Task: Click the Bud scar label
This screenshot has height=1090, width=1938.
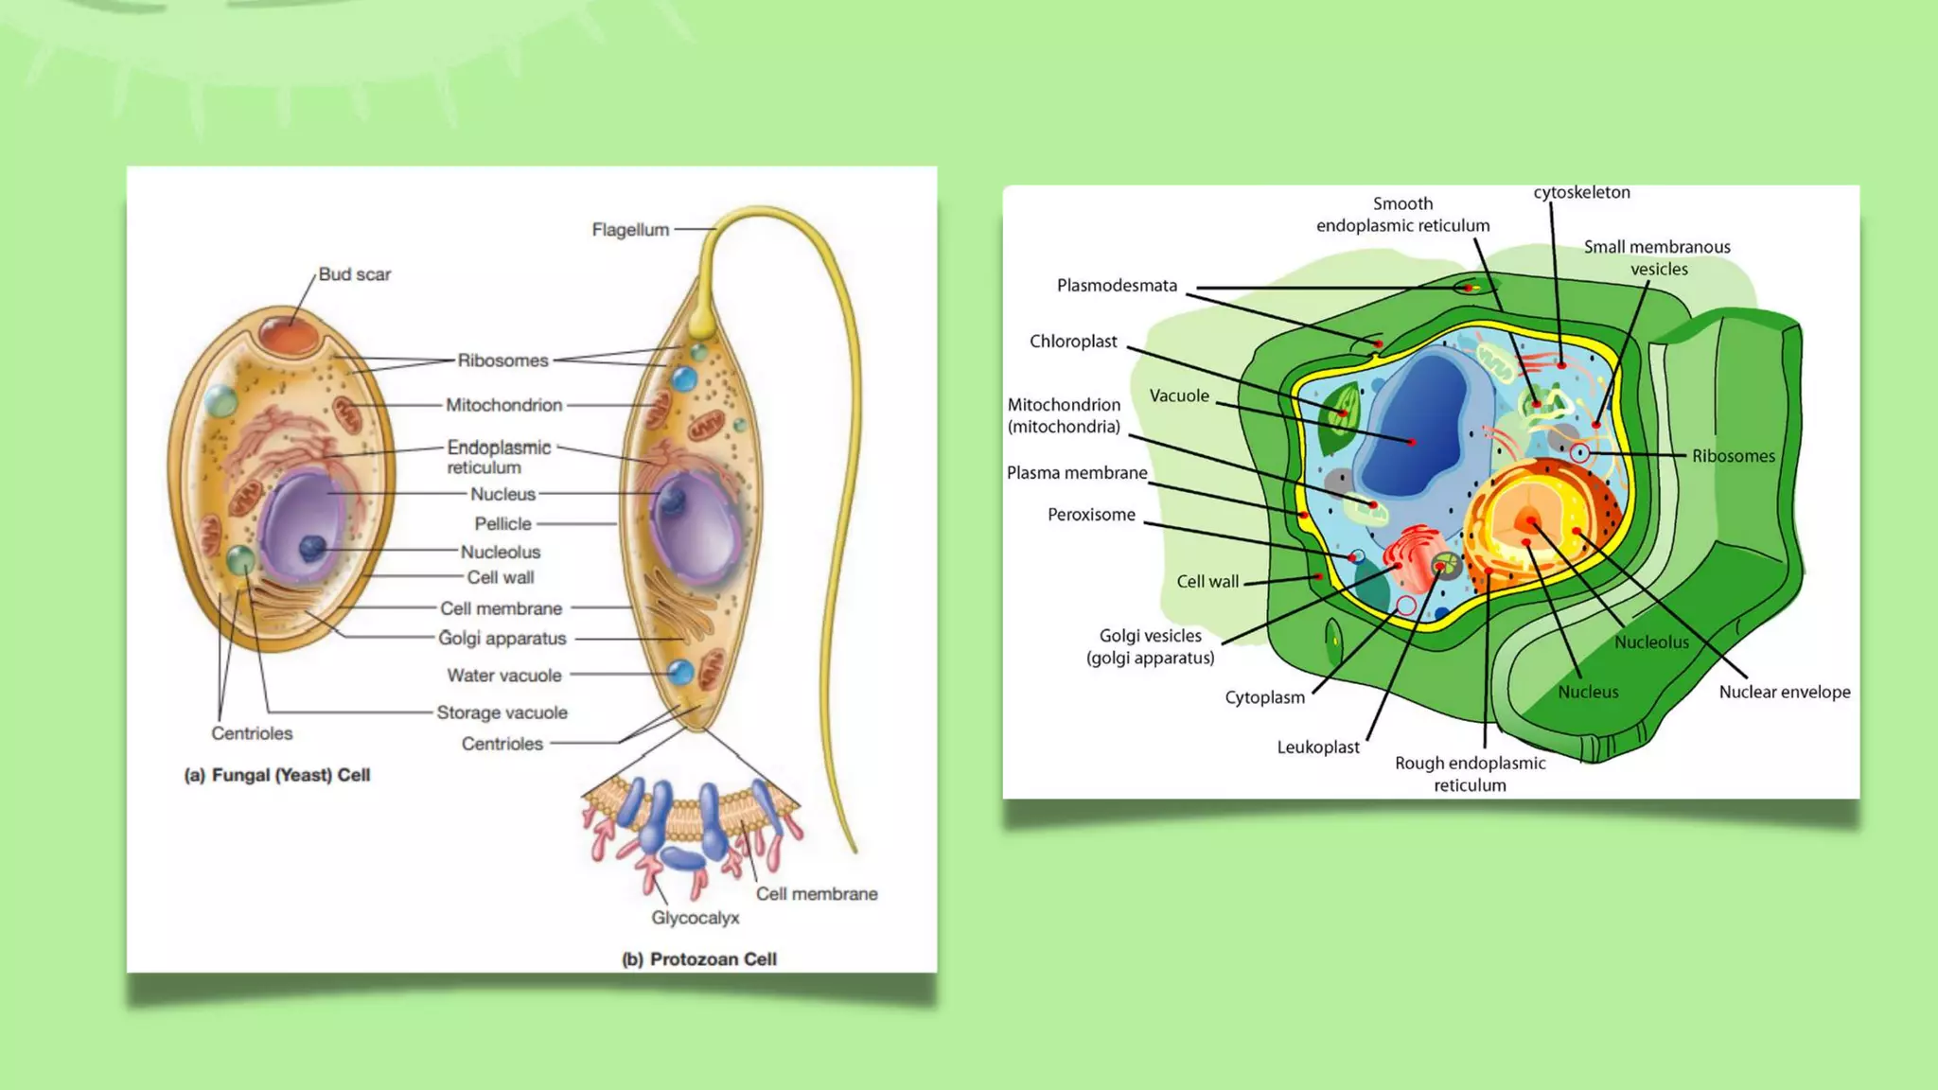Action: pyautogui.click(x=354, y=274)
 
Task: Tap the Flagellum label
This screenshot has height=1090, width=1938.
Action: pyautogui.click(x=630, y=230)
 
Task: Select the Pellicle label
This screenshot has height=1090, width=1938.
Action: pyautogui.click(x=502, y=524)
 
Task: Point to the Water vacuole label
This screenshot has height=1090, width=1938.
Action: pyautogui.click(x=504, y=676)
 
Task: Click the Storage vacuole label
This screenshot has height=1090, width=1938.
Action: pyautogui.click(x=502, y=712)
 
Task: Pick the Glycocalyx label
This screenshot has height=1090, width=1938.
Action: pyautogui.click(x=696, y=918)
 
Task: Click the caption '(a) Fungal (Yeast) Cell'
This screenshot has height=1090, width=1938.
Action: pyautogui.click(x=277, y=775)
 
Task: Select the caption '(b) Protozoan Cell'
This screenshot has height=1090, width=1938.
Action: pyautogui.click(x=699, y=959)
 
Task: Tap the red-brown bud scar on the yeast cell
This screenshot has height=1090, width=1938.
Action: pyautogui.click(x=290, y=337)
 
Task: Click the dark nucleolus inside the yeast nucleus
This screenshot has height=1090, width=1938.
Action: pyautogui.click(x=311, y=547)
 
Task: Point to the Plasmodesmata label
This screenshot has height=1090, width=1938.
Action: pyautogui.click(x=1117, y=286)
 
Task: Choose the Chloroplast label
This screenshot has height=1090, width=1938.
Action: pyautogui.click(x=1073, y=342)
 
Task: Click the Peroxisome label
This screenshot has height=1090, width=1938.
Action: pyautogui.click(x=1091, y=515)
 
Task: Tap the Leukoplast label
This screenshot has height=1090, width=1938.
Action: pyautogui.click(x=1318, y=747)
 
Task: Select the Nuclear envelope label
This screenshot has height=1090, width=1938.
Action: pyautogui.click(x=1785, y=692)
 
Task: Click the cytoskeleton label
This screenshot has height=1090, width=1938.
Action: pyautogui.click(x=1581, y=193)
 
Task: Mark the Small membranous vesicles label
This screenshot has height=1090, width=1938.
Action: pyautogui.click(x=1657, y=257)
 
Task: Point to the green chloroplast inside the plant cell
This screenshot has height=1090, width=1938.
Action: pyautogui.click(x=1340, y=416)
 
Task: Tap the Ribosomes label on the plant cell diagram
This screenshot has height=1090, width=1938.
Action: pyautogui.click(x=1733, y=456)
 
